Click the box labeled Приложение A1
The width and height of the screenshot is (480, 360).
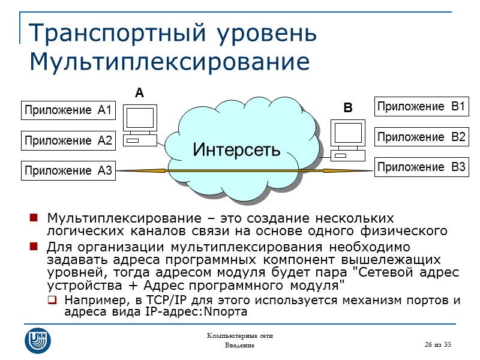pos(68,110)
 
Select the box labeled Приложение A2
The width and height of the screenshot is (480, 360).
pos(68,141)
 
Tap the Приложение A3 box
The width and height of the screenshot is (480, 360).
pos(68,171)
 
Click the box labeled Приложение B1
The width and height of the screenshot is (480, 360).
pos(421,107)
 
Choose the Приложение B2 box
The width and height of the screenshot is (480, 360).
pos(421,137)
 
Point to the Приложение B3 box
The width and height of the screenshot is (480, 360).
pos(421,167)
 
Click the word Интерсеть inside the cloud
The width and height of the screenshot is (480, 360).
pos(236,149)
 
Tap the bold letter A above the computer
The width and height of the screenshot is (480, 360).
pos(139,94)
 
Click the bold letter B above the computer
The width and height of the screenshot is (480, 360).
pos(347,109)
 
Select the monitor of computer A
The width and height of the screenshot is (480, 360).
pos(140,119)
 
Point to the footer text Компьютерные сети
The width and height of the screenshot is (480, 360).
pos(239,336)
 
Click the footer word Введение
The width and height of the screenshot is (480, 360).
pos(239,346)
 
